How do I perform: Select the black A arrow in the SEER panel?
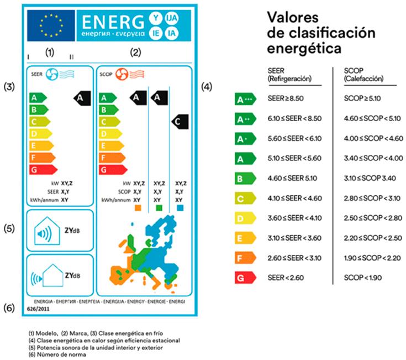[x=81, y=98]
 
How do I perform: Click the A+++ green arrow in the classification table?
[x=245, y=100]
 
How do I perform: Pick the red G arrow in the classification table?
[x=244, y=278]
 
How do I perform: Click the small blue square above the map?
[x=181, y=208]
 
